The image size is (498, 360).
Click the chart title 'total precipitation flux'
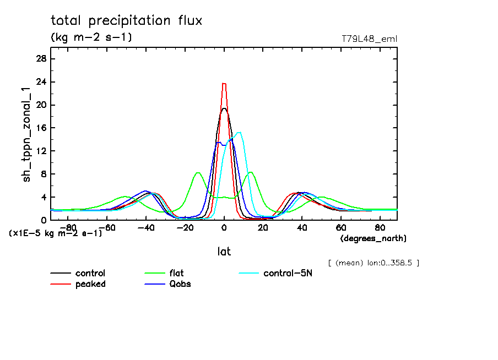pyautogui.click(x=126, y=21)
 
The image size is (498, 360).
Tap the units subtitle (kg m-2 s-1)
pyautogui.click(x=91, y=37)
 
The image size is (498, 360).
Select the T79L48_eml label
pyautogui.click(x=370, y=39)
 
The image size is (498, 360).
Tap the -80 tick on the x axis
pyautogui.click(x=68, y=227)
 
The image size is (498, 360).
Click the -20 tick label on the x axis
pyautogui.click(x=185, y=227)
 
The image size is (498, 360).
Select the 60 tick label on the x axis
pyautogui.click(x=341, y=227)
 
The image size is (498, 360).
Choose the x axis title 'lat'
pyautogui.click(x=224, y=252)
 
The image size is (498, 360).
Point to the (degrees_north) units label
pyautogui.click(x=373, y=238)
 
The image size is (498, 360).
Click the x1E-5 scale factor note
pyautogui.click(x=55, y=233)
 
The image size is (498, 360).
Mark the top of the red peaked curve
pyautogui.click(x=224, y=84)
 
